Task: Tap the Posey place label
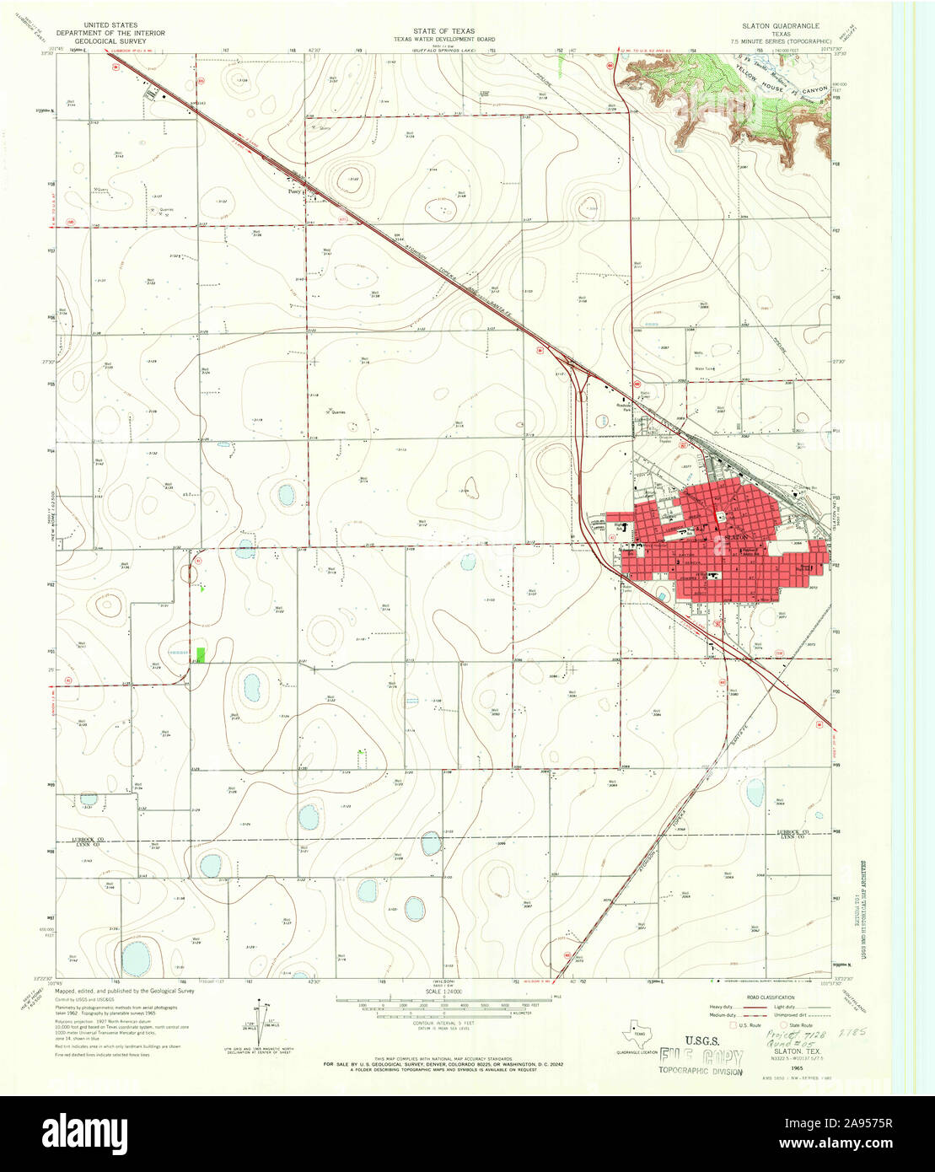(293, 191)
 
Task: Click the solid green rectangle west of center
(201, 653)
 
